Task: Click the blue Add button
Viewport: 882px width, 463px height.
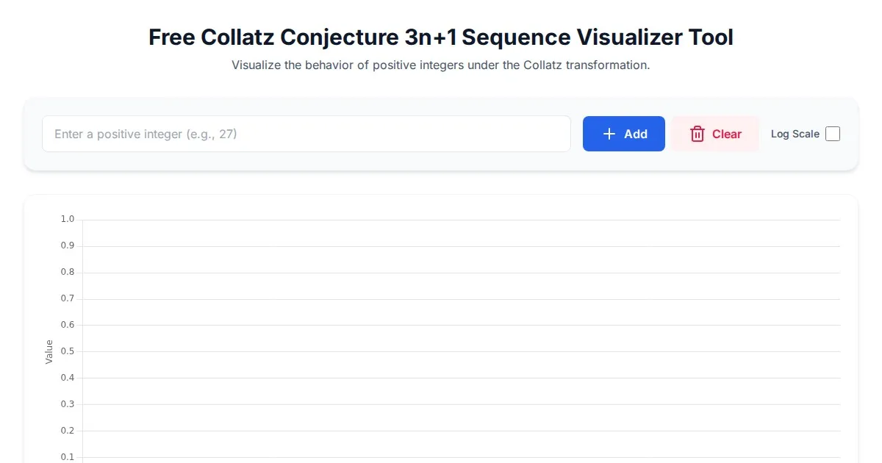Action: [x=624, y=134]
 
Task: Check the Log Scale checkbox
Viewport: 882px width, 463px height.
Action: [x=833, y=134]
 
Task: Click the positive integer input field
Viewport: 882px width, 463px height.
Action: [x=306, y=134]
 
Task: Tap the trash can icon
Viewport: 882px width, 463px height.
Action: [x=698, y=134]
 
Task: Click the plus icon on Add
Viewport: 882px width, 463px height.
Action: [x=609, y=134]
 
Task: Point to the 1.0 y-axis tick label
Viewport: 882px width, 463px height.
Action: [x=68, y=219]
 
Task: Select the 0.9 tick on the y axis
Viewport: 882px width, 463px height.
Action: [x=68, y=245]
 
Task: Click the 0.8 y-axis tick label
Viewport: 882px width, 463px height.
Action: [x=68, y=272]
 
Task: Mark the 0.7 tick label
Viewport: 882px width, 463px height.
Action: [x=68, y=298]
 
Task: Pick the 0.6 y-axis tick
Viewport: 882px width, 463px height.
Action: [x=68, y=325]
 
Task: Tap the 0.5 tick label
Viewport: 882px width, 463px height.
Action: [x=68, y=351]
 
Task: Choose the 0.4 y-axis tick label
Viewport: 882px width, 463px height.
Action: [x=68, y=378]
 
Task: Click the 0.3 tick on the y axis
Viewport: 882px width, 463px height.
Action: [x=68, y=404]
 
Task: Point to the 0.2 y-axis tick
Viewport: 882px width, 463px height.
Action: [x=68, y=431]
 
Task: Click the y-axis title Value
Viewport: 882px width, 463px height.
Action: [x=49, y=351]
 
